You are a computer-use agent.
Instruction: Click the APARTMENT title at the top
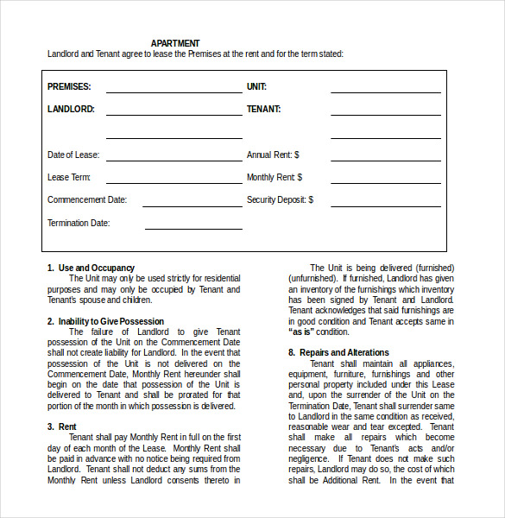[x=175, y=43]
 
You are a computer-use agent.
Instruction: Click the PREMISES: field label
[x=69, y=87]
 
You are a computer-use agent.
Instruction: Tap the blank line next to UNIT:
[x=385, y=91]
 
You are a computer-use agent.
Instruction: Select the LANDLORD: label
[x=71, y=110]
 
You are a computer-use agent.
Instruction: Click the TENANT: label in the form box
[x=263, y=110]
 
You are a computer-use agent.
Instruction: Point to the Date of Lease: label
[x=73, y=155]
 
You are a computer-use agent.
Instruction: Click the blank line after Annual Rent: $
[x=385, y=160]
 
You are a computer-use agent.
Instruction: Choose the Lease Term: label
[x=69, y=178]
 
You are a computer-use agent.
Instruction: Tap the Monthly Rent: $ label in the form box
[x=275, y=178]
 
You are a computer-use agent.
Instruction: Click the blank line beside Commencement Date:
[x=192, y=205]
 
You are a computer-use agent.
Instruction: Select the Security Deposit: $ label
[x=280, y=200]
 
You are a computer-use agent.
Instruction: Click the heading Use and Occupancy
[x=96, y=268]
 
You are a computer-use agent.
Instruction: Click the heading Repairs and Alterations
[x=344, y=353]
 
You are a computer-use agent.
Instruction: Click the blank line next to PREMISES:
[x=174, y=91]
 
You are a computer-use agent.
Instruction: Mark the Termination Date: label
[x=79, y=223]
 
